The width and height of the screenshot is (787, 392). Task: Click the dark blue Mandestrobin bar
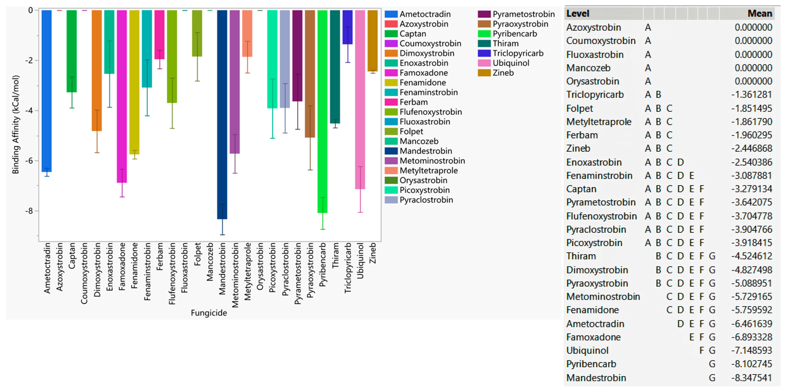coord(222,115)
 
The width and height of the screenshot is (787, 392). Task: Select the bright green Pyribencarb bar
coord(322,111)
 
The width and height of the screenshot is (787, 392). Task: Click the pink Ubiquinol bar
coord(360,100)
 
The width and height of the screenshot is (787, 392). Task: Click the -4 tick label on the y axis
coord(29,111)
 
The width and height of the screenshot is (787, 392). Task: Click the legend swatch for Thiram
coord(484,44)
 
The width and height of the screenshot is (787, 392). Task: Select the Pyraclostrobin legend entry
coord(426,200)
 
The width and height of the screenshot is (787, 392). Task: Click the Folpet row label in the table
coord(580,108)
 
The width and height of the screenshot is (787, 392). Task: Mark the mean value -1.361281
coord(752,95)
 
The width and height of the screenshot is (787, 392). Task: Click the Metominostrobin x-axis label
coord(235,275)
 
